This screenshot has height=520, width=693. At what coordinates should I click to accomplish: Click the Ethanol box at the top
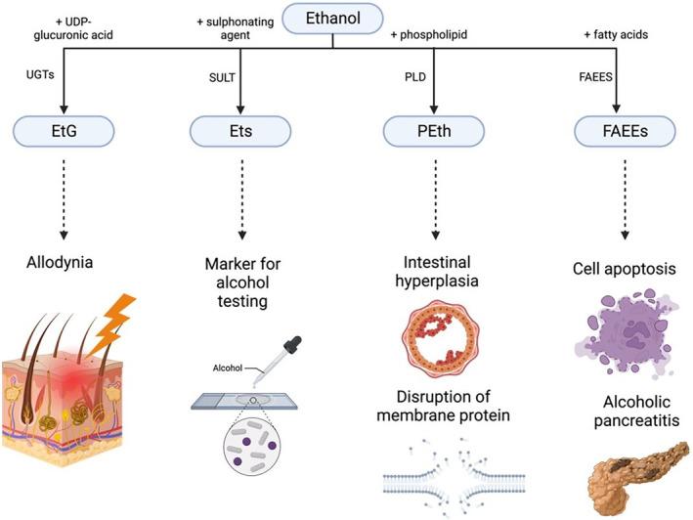[331, 18]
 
